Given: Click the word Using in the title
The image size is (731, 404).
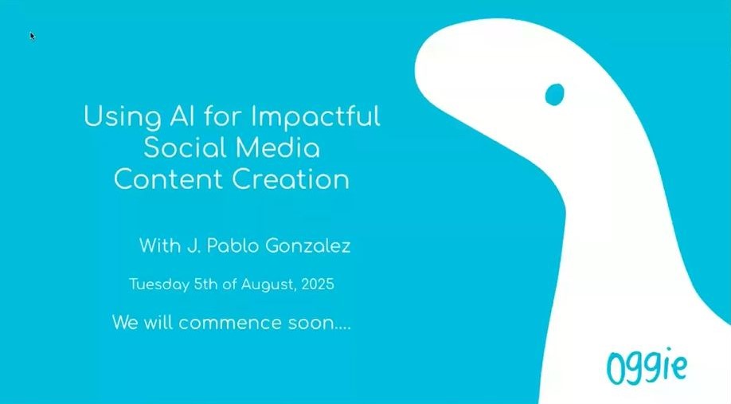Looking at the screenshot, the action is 122,116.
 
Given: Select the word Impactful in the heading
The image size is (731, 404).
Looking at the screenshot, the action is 315,116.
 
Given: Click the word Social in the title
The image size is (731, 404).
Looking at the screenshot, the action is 185,147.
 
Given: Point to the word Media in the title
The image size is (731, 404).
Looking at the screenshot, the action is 277,147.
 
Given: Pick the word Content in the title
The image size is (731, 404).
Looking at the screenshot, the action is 168,179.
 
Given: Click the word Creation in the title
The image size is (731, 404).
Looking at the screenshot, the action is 291,179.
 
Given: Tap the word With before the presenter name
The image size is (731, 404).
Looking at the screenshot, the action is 160,245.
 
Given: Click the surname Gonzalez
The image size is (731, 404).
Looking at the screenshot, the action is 308,245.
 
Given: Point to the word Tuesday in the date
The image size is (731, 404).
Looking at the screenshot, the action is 159,284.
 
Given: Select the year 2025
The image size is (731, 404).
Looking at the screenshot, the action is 318,284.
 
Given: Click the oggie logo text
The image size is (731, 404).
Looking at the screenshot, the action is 647,367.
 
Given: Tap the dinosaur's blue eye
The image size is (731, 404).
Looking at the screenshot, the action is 555,94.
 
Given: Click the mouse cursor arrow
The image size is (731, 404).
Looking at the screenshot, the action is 32,36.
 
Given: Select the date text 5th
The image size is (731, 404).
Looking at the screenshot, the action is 205,284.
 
